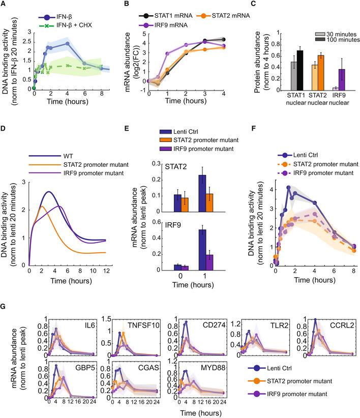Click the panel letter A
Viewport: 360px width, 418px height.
tap(5, 5)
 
